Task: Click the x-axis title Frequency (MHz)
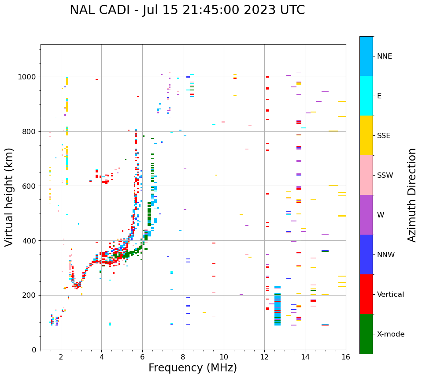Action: (x=192, y=368)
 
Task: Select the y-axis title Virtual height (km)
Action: (x=9, y=197)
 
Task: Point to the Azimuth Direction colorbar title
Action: (x=412, y=195)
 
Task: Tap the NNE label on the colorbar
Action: (x=384, y=56)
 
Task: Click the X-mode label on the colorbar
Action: (x=390, y=334)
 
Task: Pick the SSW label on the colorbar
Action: (x=385, y=176)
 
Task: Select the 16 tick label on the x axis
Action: (x=346, y=357)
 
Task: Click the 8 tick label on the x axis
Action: (x=183, y=357)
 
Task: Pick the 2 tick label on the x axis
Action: (x=61, y=357)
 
